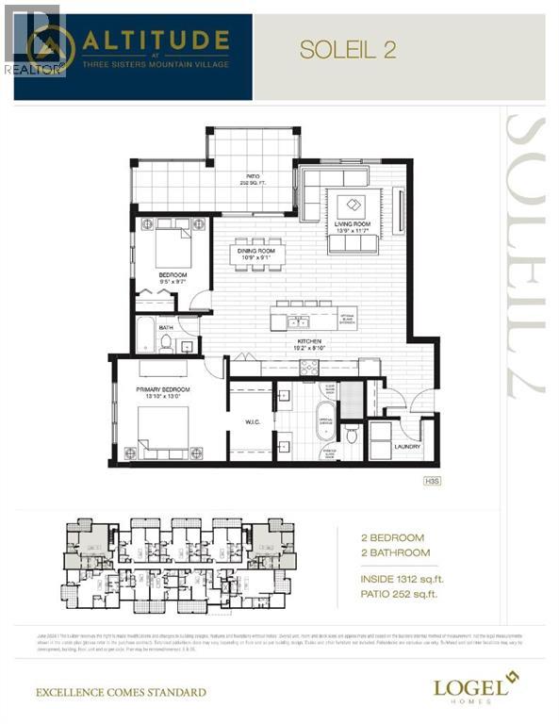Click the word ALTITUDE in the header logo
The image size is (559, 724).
click(156, 41)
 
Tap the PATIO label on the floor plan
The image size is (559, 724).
click(253, 178)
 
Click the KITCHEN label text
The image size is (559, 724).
click(310, 342)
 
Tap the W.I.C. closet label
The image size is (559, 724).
click(251, 421)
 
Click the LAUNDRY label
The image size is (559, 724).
click(406, 447)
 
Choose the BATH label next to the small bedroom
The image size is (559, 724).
click(166, 328)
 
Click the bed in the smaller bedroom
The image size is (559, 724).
click(173, 247)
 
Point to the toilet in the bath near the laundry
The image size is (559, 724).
click(351, 435)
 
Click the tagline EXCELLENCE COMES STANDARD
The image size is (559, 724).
click(120, 693)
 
